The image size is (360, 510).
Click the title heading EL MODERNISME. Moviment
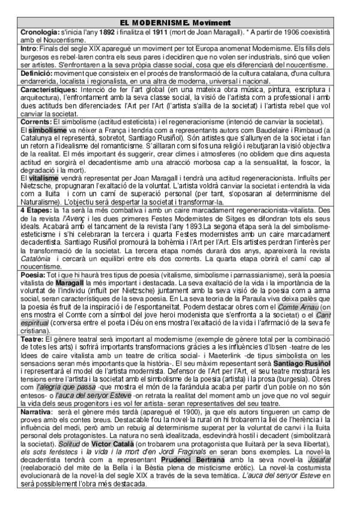(x=180, y=22)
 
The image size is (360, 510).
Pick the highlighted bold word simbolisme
(x=47, y=129)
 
